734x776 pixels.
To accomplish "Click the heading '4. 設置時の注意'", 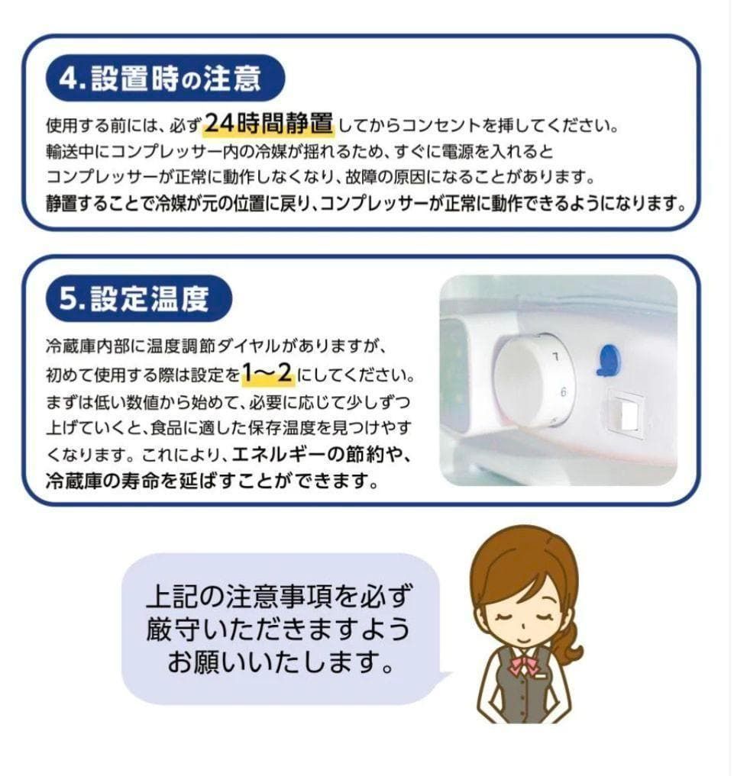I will [165, 79].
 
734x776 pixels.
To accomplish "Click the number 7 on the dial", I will [555, 356].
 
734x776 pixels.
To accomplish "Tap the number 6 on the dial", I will [562, 393].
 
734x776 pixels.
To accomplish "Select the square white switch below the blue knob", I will [626, 414].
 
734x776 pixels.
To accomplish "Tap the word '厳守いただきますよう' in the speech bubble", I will [278, 629].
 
